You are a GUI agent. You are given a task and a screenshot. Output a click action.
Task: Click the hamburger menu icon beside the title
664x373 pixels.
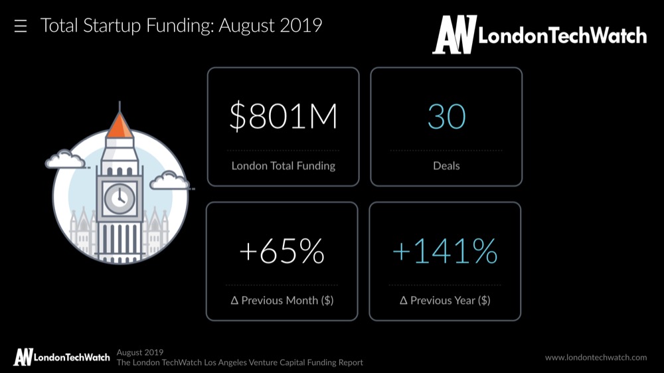tap(21, 27)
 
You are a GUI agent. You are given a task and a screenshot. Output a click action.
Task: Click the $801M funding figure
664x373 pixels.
tap(284, 117)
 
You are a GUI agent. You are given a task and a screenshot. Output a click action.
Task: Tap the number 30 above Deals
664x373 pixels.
tap(446, 117)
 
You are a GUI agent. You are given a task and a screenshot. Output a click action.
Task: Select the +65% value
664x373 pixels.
tap(282, 252)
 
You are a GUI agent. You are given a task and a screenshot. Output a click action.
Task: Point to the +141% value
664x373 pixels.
tap(445, 252)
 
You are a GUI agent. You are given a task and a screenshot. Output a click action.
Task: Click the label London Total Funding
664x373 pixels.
tap(284, 165)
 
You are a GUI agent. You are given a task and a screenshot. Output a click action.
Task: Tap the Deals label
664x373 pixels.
tap(446, 165)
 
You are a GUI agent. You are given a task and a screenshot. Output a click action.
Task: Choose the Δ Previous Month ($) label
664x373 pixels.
tap(282, 300)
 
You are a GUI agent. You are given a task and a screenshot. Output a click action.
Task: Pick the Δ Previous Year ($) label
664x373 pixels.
tap(445, 300)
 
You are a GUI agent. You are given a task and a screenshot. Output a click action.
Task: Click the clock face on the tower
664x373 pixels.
tap(120, 197)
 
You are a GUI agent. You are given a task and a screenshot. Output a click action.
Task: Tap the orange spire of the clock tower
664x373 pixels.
tap(120, 125)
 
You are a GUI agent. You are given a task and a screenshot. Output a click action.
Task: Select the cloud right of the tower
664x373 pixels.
tap(169, 180)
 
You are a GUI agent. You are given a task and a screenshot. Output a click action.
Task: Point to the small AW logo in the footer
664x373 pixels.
tap(23, 356)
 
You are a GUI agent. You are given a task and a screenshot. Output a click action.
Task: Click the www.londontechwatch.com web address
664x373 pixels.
tap(596, 357)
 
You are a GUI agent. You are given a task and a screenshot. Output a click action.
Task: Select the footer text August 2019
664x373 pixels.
tap(140, 352)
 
